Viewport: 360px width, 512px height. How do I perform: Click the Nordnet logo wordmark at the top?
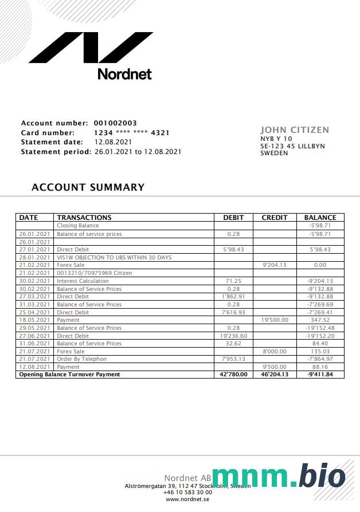[124, 74]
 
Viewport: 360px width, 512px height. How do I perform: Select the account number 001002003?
[115, 123]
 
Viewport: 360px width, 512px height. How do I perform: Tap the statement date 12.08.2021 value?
[113, 142]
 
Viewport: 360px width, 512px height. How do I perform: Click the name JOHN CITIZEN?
[295, 130]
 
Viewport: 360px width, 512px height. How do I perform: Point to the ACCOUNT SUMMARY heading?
[88, 187]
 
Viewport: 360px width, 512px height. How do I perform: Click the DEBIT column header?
[233, 218]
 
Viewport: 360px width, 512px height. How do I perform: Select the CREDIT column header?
[275, 218]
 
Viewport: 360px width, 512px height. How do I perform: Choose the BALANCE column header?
[320, 218]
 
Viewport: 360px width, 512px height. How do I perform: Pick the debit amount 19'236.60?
[233, 336]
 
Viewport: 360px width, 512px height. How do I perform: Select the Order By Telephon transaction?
[81, 359]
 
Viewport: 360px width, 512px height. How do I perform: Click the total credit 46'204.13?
[275, 375]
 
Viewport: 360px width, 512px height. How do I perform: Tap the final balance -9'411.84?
[320, 375]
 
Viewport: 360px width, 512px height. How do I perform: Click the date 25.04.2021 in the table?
[35, 312]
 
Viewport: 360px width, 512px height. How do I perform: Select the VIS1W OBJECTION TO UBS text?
[114, 258]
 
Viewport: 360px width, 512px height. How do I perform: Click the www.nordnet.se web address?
[187, 499]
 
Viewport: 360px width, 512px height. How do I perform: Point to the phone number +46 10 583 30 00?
[187, 493]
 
